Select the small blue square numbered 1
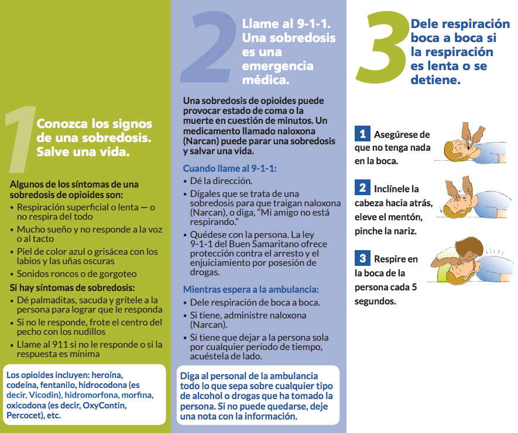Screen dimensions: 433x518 click(363, 134)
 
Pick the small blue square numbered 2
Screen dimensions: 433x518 click(363, 188)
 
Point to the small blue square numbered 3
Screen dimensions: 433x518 click(363, 258)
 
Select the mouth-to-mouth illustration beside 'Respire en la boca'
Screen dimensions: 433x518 click(472, 266)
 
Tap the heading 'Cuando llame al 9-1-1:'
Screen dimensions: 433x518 click(229, 168)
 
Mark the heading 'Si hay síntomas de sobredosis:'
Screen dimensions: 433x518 click(73, 287)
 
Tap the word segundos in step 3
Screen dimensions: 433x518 click(375, 302)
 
